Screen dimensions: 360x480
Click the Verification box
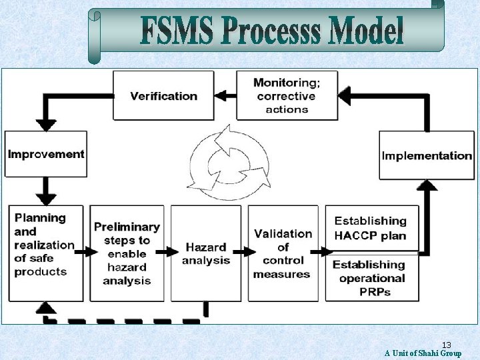pos(164,95)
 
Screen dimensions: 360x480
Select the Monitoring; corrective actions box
pos(287,95)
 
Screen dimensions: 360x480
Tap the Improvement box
pos(46,154)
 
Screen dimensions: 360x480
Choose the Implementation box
pos(427,155)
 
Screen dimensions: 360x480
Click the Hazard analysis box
pos(206,253)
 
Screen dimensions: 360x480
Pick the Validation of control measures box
pos(283,253)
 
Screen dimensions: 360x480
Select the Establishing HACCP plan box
pos(371,228)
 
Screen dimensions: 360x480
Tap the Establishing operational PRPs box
pos(371,277)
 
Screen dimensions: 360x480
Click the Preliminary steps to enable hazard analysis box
pos(127,253)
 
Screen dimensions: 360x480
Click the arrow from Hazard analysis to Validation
pos(244,252)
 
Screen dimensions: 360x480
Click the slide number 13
pos(447,345)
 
